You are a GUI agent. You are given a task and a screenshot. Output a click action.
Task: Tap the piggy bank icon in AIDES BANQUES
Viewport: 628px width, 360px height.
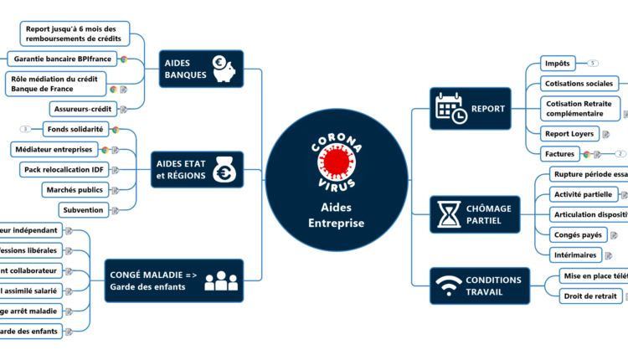pyautogui.click(x=224, y=69)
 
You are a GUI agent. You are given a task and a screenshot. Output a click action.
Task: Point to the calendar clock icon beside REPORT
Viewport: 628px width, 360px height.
pyautogui.click(x=450, y=109)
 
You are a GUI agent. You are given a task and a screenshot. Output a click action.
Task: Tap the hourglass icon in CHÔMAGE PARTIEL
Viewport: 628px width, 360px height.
pyautogui.click(x=447, y=214)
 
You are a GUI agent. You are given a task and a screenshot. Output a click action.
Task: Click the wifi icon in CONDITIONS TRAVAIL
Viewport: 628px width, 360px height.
pyautogui.click(x=449, y=285)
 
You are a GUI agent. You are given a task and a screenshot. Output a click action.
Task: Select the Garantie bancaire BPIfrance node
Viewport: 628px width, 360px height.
pyautogui.click(x=63, y=59)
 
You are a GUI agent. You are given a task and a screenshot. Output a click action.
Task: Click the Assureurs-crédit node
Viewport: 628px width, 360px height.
pyautogui.click(x=82, y=109)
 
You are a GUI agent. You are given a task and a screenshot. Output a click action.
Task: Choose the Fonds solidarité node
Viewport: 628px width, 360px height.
pyautogui.click(x=75, y=130)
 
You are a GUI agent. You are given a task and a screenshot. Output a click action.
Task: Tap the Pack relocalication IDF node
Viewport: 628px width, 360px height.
pyautogui.click(x=63, y=170)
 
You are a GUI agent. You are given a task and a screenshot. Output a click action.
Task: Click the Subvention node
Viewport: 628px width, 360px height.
pyautogui.click(x=82, y=210)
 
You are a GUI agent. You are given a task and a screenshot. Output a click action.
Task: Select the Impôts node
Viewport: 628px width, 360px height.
pyautogui.click(x=557, y=64)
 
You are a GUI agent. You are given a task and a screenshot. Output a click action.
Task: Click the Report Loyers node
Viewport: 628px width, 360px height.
pyautogui.click(x=569, y=133)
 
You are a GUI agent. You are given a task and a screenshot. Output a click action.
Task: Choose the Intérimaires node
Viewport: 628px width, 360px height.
pyautogui.click(x=575, y=255)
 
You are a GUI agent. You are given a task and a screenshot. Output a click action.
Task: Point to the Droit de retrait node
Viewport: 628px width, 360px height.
pyautogui.click(x=589, y=296)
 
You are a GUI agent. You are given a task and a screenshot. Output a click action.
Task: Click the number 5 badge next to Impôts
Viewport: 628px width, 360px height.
pyautogui.click(x=593, y=64)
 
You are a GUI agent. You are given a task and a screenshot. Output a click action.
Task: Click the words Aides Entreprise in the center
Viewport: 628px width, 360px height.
pyautogui.click(x=336, y=215)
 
